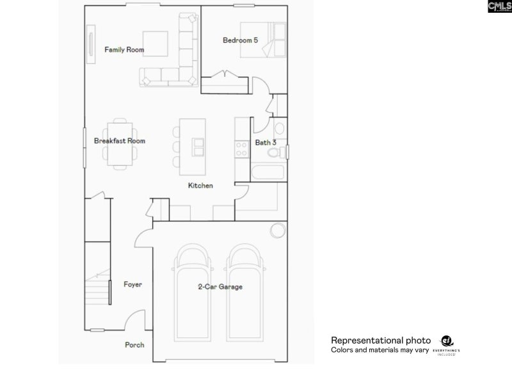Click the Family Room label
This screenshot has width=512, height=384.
tap(124, 49)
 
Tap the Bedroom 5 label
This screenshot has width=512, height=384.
tap(240, 40)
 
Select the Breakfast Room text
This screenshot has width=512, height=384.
tap(120, 141)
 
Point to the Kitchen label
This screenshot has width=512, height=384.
tap(200, 186)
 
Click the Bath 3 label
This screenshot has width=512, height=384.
tap(266, 143)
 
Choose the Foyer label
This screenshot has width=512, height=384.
tap(132, 285)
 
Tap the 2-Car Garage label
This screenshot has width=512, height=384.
tap(220, 287)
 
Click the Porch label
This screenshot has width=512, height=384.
tap(134, 345)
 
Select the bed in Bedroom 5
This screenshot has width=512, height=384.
tap(264, 40)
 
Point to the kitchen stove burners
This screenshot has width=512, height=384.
tap(243, 149)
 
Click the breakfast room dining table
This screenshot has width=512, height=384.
tap(120, 141)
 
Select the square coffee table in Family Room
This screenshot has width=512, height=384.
tap(155, 42)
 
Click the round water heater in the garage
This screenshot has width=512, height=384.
tap(277, 230)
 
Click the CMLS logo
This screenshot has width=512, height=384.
tap(498, 6)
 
